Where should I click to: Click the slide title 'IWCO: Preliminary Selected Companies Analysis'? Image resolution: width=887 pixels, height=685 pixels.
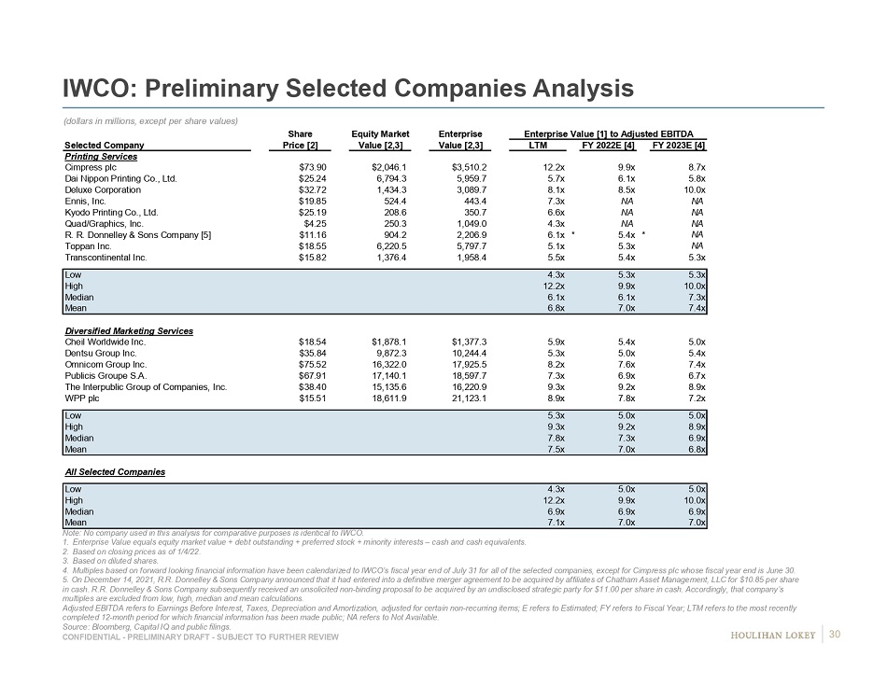coord(347,89)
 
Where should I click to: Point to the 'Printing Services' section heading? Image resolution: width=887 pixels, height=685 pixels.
coord(101,156)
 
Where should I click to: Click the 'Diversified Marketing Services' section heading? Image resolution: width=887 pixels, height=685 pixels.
coord(129,331)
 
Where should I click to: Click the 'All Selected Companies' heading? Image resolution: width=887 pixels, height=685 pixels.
coord(115,472)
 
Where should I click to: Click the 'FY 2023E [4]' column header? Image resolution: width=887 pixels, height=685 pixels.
coord(678,145)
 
